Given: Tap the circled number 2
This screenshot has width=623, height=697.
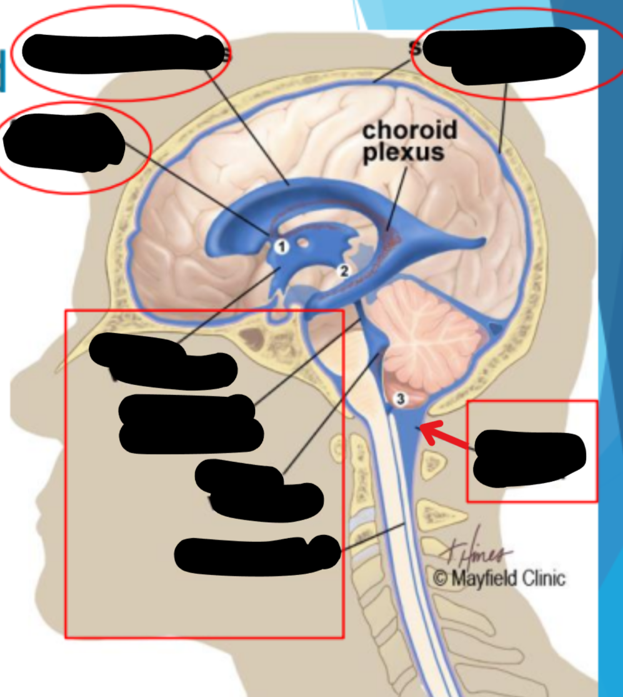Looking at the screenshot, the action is (342, 270).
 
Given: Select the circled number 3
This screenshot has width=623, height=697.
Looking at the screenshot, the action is (400, 398).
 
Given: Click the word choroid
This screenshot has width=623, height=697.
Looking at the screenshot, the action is (409, 131).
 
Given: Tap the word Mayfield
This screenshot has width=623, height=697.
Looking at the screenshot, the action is (481, 579).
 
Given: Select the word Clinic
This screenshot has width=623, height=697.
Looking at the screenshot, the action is (541, 579).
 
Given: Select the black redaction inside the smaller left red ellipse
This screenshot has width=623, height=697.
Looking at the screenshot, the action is (66, 144).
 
